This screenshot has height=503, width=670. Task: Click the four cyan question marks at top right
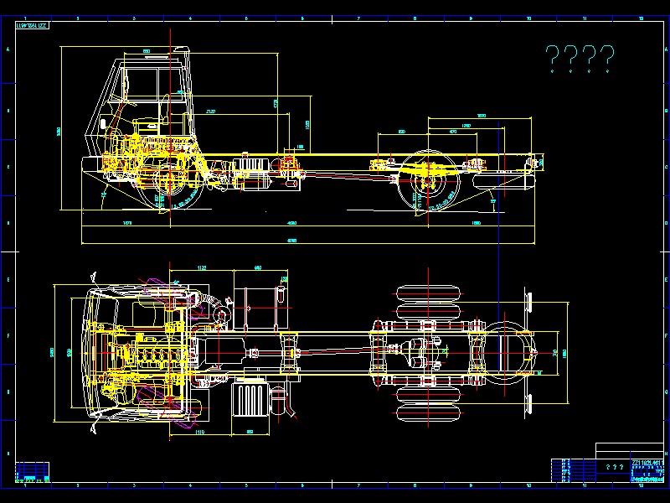tap(580, 59)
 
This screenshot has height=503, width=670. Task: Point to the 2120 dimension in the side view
tap(210, 111)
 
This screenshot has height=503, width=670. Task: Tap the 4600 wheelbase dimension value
tap(292, 223)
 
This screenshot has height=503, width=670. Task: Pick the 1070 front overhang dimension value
tap(127, 223)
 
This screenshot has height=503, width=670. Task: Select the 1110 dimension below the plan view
tap(200, 432)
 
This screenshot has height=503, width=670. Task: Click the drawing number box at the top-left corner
tap(33, 25)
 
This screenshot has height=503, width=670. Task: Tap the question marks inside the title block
tap(615, 467)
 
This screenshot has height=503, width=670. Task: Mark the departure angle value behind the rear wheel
tap(493, 201)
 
